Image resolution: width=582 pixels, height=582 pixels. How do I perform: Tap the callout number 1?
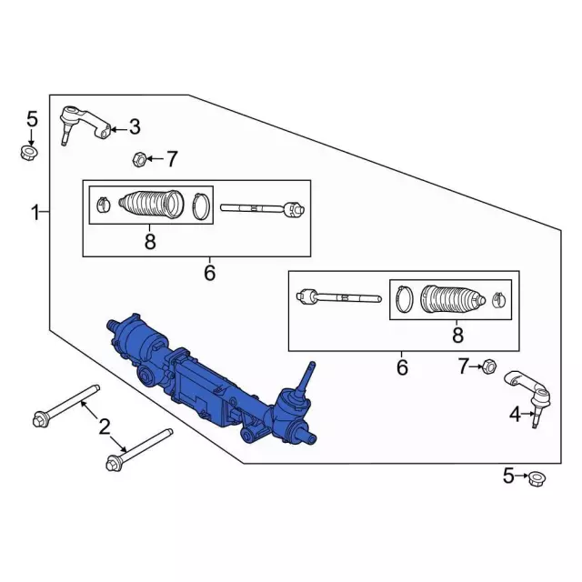tap(35, 214)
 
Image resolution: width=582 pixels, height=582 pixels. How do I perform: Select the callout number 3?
tap(135, 127)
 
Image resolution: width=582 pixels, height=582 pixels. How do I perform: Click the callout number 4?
tap(515, 415)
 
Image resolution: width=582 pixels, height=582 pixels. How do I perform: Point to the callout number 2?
tap(105, 426)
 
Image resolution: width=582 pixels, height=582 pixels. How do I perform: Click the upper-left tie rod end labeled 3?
tap(85, 125)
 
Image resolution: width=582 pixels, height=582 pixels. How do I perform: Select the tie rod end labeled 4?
tap(528, 398)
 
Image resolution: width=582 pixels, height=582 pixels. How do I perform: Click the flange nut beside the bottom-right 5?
tap(537, 479)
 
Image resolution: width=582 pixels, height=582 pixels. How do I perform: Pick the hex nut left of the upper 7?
tap(138, 159)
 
